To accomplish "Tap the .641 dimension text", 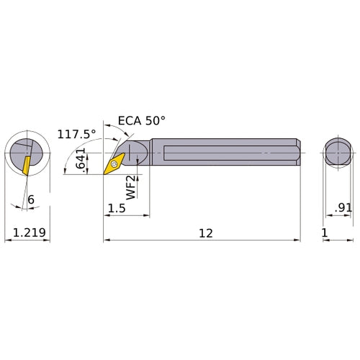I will click(x=82, y=159).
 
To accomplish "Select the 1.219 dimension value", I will click(x=27, y=233).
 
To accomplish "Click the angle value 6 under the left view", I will click(x=31, y=199).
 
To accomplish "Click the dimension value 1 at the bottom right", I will click(x=325, y=233).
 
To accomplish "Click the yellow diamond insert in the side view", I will click(x=114, y=164).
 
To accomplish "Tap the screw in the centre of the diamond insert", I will click(x=114, y=164).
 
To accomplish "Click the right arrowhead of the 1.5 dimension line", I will click(x=147, y=215).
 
